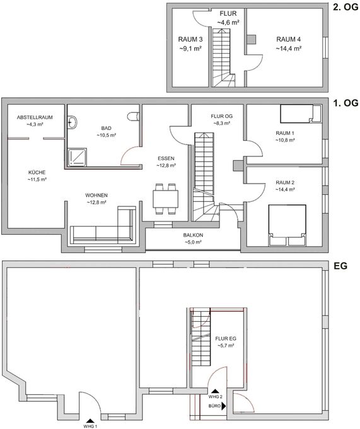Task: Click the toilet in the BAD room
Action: pyautogui.click(x=133, y=116)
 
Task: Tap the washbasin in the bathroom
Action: pyautogui.click(x=72, y=122)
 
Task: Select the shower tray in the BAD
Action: pyautogui.click(x=77, y=157)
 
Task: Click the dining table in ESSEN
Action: pyautogui.click(x=165, y=199)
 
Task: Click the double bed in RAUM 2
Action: pyautogui.click(x=287, y=225)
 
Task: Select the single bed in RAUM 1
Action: pyautogui.click(x=300, y=114)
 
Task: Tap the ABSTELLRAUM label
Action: pyautogui.click(x=35, y=117)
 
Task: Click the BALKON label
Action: pyautogui.click(x=193, y=235)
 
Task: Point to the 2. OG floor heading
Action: pyautogui.click(x=345, y=7)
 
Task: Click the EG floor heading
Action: pyautogui.click(x=340, y=266)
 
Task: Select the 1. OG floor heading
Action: pyautogui.click(x=345, y=103)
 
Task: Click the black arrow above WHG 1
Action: pyautogui.click(x=90, y=421)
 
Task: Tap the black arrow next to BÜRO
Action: pyautogui.click(x=224, y=406)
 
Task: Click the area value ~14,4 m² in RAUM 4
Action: pyautogui.click(x=289, y=49)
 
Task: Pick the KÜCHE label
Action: pyautogui.click(x=37, y=172)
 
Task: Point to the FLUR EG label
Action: pyautogui.click(x=226, y=339)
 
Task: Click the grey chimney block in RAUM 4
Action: pyautogui.click(x=252, y=39)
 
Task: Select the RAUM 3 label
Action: pyautogui.click(x=190, y=39)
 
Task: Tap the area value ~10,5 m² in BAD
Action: pyautogui.click(x=107, y=135)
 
